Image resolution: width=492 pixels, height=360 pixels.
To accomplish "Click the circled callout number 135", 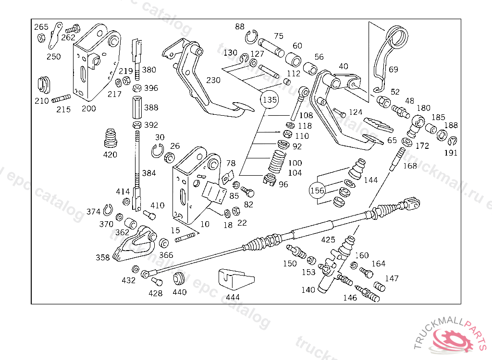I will point(270,100).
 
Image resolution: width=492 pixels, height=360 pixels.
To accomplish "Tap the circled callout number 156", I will point(318,191).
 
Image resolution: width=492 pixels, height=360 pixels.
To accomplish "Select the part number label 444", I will point(233,297).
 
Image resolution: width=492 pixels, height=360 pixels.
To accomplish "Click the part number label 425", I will point(328,239).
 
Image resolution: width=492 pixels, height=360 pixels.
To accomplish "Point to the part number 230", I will point(214,80).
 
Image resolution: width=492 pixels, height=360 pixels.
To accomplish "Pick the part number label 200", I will point(88,108).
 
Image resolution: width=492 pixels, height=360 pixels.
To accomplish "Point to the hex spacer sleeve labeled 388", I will point(136,108).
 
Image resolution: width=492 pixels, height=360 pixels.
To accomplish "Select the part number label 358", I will point(102,258).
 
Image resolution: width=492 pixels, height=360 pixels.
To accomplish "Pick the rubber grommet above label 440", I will point(180,277).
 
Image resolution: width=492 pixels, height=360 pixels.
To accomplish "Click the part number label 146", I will point(350,298).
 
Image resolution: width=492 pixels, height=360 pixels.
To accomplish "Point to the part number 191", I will point(451,153).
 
